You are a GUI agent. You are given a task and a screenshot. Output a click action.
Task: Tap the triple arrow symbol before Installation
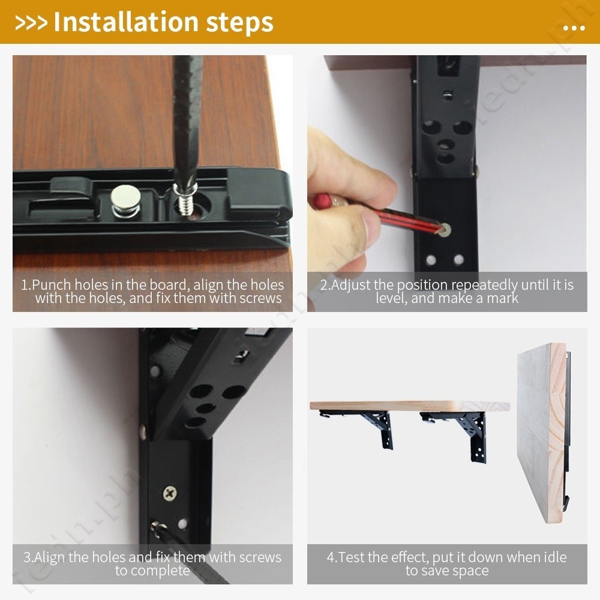(31, 23)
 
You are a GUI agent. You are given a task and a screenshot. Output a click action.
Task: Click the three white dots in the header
(574, 28)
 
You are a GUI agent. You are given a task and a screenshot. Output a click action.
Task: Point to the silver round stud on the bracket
(125, 202)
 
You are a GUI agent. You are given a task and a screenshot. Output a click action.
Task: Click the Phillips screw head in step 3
(170, 494)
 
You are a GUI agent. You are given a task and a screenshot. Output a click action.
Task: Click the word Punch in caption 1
(52, 285)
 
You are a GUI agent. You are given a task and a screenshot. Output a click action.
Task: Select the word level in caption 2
(390, 298)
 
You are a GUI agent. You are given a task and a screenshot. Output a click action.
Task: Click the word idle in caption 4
(555, 557)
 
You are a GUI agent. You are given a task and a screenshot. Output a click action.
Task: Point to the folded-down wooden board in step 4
(541, 433)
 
